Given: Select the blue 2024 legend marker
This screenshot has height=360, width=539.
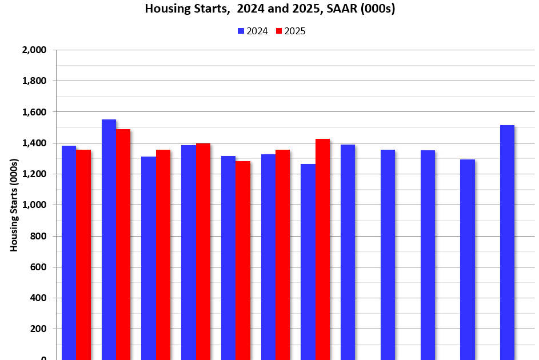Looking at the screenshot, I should tap(241, 31).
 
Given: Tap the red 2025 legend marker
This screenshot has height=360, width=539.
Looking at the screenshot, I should tap(280, 31).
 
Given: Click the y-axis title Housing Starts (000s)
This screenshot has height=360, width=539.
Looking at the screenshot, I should tap(14, 205).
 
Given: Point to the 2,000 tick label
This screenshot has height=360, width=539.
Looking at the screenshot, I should tap(34, 50).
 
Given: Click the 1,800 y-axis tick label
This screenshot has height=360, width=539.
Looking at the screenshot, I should tap(34, 81).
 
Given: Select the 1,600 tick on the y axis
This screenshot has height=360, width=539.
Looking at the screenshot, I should tap(34, 112).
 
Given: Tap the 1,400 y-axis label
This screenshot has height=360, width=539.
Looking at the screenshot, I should tap(34, 143).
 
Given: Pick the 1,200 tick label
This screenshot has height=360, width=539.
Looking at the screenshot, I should tap(34, 174).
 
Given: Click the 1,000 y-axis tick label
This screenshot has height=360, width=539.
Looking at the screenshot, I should tap(34, 205).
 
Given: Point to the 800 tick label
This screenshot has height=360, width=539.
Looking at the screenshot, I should tap(38, 236).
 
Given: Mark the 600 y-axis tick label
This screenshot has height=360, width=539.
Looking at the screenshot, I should tap(38, 267).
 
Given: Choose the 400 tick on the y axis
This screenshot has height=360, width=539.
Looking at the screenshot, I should tap(38, 298).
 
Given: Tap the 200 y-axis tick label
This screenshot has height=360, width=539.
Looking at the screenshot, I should tap(38, 329).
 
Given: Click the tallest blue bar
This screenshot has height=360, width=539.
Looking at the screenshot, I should tap(109, 240).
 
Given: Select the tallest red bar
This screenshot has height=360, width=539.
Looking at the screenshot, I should tap(123, 246).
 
